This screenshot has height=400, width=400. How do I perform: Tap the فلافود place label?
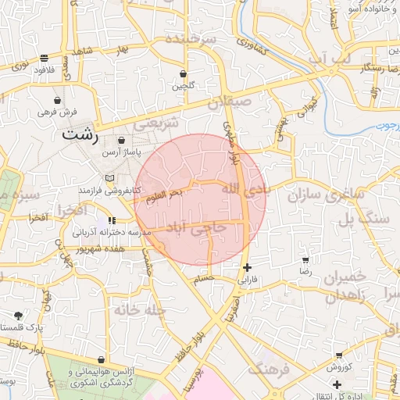coord(43,69)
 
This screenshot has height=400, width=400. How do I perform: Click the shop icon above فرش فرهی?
coord(58,100)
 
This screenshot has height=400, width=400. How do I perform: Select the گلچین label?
coord(183,85)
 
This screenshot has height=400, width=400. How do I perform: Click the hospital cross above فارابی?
coord(248,267)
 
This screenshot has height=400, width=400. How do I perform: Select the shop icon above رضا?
coord(305,259)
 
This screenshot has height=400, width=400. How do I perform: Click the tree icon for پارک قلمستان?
coord(18,316)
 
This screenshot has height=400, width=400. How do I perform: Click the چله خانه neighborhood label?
coord(140,309)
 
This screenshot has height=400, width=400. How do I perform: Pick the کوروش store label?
coord(337,366)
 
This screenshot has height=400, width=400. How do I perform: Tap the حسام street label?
coord(203,278)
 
